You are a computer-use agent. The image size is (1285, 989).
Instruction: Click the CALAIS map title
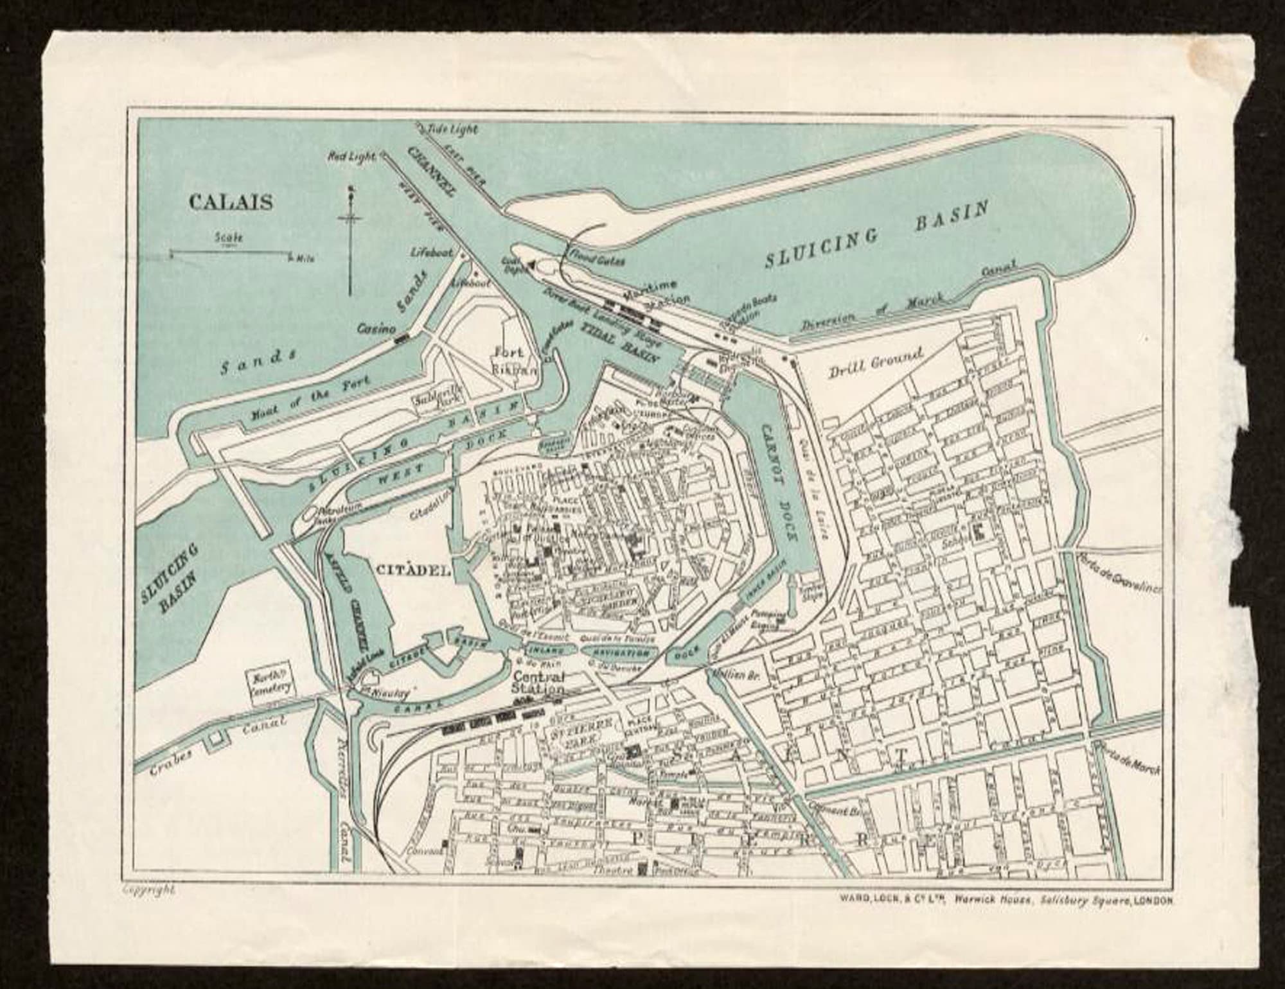230,202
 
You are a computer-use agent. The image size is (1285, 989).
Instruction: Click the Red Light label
351,156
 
